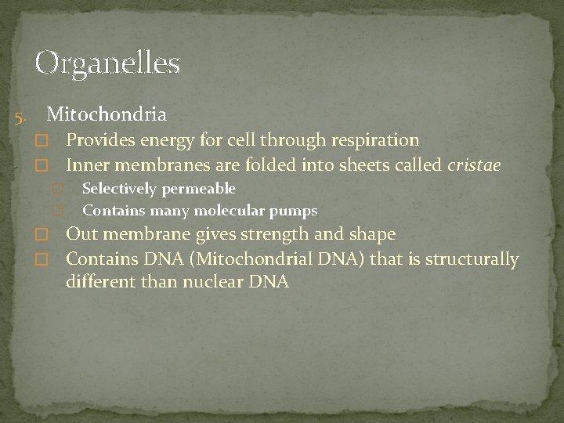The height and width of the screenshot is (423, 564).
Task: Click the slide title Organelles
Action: [107, 63]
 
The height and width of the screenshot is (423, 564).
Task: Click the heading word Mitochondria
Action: [106, 115]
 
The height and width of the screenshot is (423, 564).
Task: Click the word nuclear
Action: [215, 282]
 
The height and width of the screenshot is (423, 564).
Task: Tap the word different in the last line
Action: [99, 282]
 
